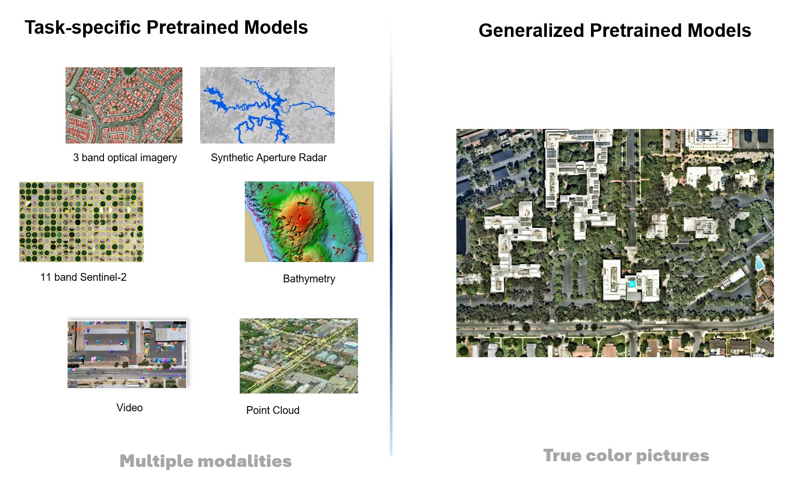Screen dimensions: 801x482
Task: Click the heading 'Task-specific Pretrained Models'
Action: pos(166,28)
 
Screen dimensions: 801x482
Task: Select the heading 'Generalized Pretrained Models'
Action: pos(615,30)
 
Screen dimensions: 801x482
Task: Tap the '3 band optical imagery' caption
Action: pos(125,158)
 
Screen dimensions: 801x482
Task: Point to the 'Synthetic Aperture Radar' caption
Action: pos(269,158)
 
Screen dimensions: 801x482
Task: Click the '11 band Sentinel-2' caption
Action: pos(83,277)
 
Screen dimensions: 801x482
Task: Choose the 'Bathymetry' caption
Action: pos(309,278)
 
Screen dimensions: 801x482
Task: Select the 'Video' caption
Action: pos(129,408)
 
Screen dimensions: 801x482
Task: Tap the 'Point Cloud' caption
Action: pos(273,410)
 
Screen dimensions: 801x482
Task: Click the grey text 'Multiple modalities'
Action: pos(206,461)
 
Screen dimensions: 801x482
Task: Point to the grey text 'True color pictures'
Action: pos(626,455)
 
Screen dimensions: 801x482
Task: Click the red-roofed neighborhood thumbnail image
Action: pos(124,105)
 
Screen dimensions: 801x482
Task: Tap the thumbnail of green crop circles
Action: pos(81,222)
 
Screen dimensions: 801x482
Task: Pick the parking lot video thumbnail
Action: pos(127,354)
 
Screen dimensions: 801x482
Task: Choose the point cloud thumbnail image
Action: pos(298,356)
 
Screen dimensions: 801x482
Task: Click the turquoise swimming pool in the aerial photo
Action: pos(759,263)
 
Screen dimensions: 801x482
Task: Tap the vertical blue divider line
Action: pos(391,236)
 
